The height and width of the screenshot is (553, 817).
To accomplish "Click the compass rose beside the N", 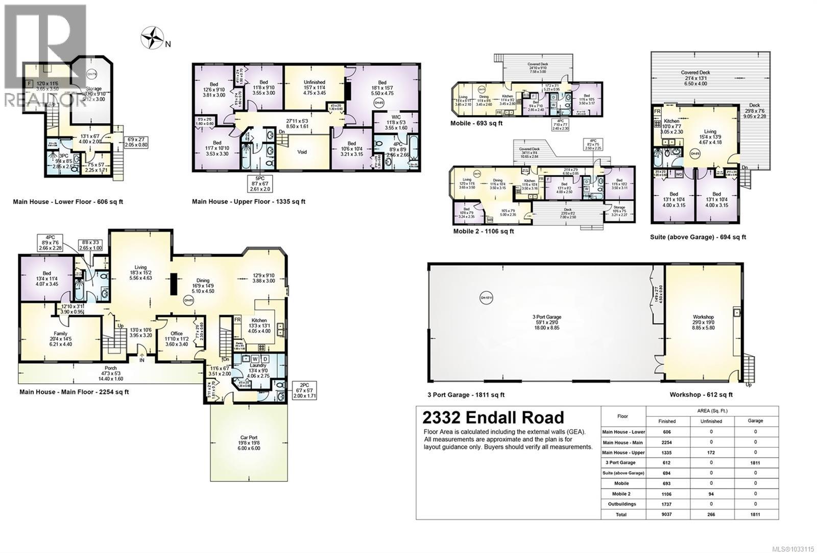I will click(152, 38).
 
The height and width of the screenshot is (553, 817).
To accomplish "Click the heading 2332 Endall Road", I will click(493, 418).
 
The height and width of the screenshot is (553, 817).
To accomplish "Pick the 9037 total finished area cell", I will click(667, 514).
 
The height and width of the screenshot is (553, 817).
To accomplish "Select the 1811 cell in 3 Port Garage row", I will click(755, 463).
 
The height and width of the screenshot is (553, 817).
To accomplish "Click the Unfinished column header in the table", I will click(711, 421).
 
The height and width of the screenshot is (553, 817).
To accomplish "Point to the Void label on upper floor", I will click(302, 152).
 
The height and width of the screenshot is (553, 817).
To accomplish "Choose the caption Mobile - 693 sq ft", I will click(476, 123).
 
